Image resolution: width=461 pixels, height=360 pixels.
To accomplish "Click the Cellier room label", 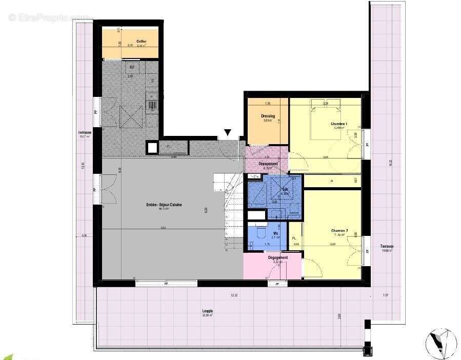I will point(142,41).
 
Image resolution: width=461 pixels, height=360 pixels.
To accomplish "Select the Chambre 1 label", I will point(338,125).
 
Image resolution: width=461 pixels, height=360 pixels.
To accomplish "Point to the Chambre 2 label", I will point(339,231).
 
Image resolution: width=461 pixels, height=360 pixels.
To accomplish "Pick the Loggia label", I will point(207,311).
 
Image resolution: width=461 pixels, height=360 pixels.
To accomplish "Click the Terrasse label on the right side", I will point(387,246).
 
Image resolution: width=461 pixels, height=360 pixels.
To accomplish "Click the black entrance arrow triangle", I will point(228,133).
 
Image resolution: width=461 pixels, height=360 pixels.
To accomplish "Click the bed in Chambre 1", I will point(325,115).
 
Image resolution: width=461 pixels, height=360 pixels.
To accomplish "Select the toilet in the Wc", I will point(259,234).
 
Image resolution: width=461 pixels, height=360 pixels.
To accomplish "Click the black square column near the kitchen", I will point(152,148).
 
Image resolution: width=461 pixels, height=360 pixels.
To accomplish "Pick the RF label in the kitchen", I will point(132,67).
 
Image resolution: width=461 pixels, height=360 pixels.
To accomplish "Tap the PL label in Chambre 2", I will point(294,238).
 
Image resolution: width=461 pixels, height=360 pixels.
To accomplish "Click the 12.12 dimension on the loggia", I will point(234,295).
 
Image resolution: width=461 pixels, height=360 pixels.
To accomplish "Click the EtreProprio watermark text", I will point(49,17).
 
